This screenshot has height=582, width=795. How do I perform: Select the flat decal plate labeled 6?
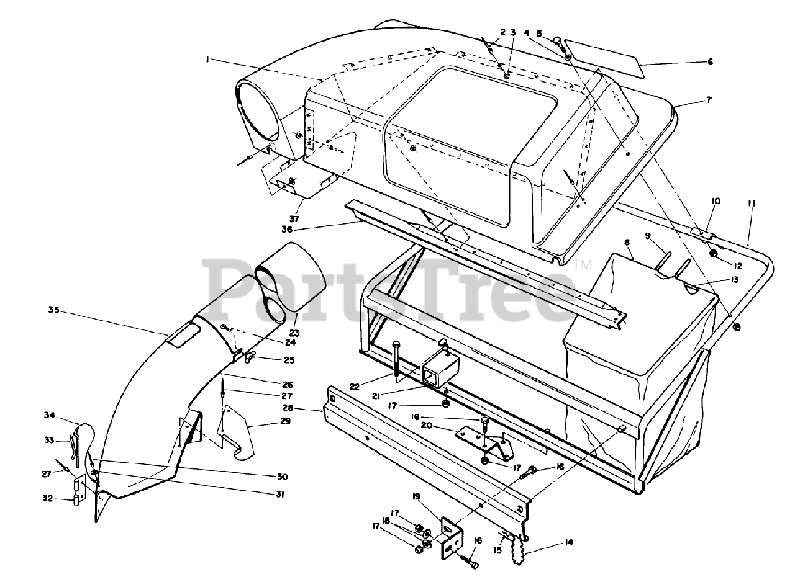pos(602,58)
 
